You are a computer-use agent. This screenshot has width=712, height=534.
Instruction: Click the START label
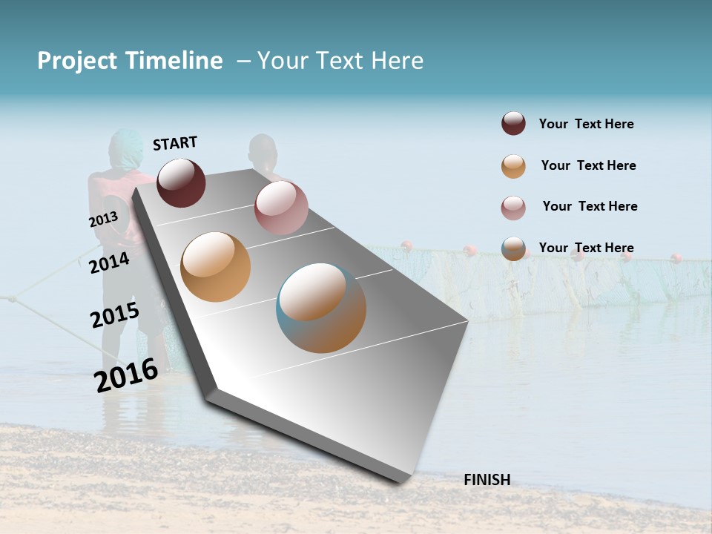point(175,143)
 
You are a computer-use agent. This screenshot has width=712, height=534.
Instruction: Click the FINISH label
point(487,480)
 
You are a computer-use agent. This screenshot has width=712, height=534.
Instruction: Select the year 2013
point(103,220)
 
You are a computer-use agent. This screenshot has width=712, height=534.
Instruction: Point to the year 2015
point(114,315)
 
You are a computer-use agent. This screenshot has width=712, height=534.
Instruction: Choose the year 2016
point(126,375)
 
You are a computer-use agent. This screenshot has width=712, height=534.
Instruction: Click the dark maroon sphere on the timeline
point(181,182)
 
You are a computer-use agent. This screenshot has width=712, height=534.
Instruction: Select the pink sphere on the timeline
point(281,207)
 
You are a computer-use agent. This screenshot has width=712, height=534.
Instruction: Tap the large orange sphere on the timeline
point(215,267)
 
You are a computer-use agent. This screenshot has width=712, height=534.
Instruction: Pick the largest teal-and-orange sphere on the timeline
point(321,308)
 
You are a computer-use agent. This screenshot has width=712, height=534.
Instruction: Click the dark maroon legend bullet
point(513,124)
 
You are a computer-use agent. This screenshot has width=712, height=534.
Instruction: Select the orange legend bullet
point(513,166)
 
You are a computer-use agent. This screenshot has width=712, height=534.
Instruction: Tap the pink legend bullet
point(513,208)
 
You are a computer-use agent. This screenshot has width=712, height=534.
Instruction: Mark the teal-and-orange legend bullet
point(513,248)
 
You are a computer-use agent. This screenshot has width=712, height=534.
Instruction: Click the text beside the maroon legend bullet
point(586,124)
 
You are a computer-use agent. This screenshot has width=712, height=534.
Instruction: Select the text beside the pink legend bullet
point(590,206)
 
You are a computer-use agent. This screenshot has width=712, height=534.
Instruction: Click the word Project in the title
point(77,61)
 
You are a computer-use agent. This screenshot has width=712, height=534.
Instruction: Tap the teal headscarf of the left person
point(124,145)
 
